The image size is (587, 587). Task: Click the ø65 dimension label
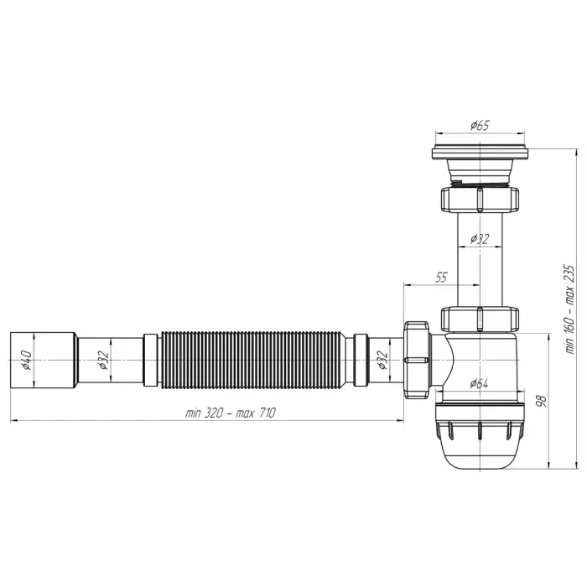[x=479, y=126]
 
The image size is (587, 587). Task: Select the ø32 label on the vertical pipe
[x=480, y=238]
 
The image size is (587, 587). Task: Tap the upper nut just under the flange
[x=477, y=200]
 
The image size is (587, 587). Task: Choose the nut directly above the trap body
[x=477, y=319]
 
